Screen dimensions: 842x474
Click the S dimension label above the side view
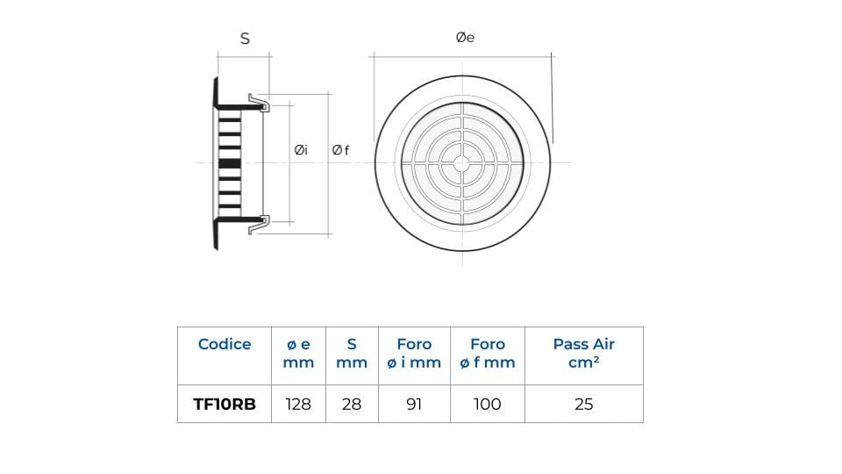click(245, 39)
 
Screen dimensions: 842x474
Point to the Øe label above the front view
click(465, 38)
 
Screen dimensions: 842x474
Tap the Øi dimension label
click(301, 150)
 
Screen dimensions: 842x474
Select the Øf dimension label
click(340, 150)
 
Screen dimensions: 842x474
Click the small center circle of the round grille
click(462, 163)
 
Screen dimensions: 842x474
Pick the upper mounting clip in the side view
click(259, 102)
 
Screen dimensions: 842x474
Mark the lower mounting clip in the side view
click(259, 225)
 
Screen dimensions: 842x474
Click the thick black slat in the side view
click(230, 163)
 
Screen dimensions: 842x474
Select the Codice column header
click(225, 344)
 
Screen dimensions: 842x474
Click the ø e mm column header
click(298, 353)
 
